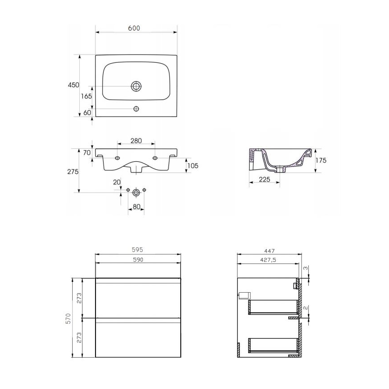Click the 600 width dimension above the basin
point(134,28)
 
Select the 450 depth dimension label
point(73,85)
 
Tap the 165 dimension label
point(86,96)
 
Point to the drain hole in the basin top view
point(136,86)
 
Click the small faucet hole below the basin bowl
point(137,108)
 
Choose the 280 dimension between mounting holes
point(136,141)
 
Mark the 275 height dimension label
point(73,172)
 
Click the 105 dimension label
point(192,165)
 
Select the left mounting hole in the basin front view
point(117,158)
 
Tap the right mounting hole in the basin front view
point(155,158)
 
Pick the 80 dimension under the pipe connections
point(136,207)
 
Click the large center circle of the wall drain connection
point(136,191)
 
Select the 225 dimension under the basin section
point(264,180)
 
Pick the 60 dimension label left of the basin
point(87,112)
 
